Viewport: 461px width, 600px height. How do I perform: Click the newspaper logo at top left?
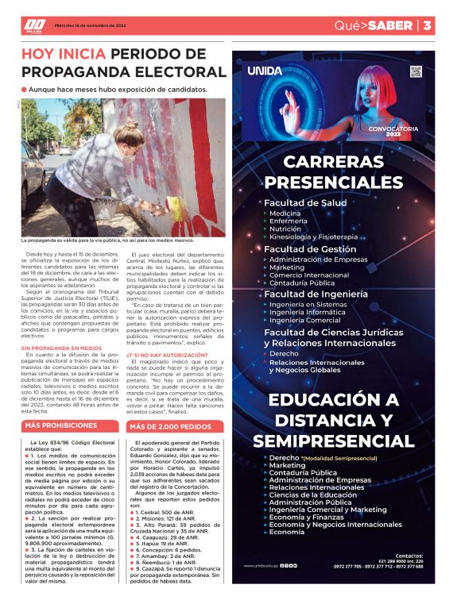(x=34, y=25)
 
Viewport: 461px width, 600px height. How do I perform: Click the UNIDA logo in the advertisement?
(x=265, y=71)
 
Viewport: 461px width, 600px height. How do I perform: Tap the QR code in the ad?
(x=415, y=71)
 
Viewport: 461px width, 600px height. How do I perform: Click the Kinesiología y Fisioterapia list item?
(x=313, y=237)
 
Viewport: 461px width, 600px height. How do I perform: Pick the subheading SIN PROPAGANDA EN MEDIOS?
(x=61, y=348)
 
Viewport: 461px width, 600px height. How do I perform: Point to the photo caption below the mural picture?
(x=107, y=239)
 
